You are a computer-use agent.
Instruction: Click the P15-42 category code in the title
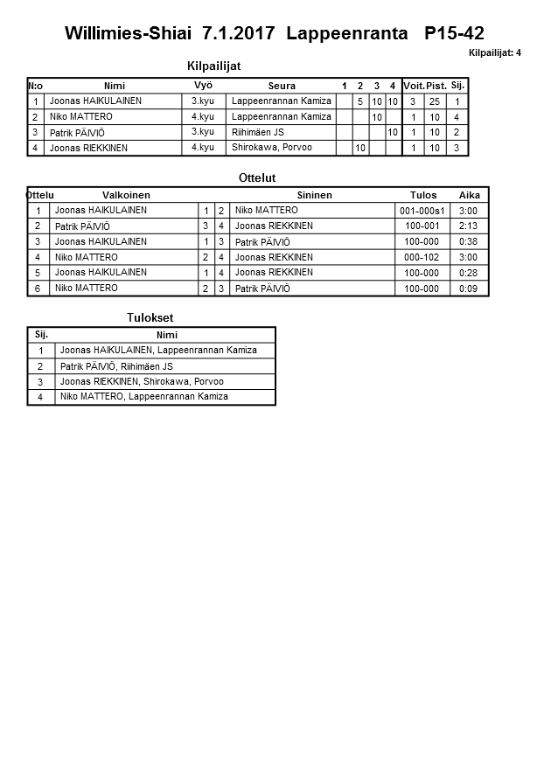point(453,34)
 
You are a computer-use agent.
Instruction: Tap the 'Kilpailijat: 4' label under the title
point(495,52)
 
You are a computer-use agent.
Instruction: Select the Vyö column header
point(203,86)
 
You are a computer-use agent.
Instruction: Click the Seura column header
point(282,86)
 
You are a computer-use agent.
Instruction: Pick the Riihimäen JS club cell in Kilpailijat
point(258,132)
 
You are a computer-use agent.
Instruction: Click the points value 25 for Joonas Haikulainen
point(434,101)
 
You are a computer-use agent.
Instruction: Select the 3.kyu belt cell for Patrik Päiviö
point(203,132)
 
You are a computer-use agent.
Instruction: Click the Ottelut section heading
point(257,177)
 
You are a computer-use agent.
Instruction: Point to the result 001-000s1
point(422,211)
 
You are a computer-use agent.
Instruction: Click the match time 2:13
point(468,226)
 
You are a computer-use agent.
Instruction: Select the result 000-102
point(422,257)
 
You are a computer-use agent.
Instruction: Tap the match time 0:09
point(468,289)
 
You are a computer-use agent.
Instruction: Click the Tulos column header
point(423,195)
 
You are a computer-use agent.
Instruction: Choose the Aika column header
point(469,195)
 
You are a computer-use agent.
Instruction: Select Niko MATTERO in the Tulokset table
point(143,397)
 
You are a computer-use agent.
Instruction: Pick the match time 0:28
point(468,273)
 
